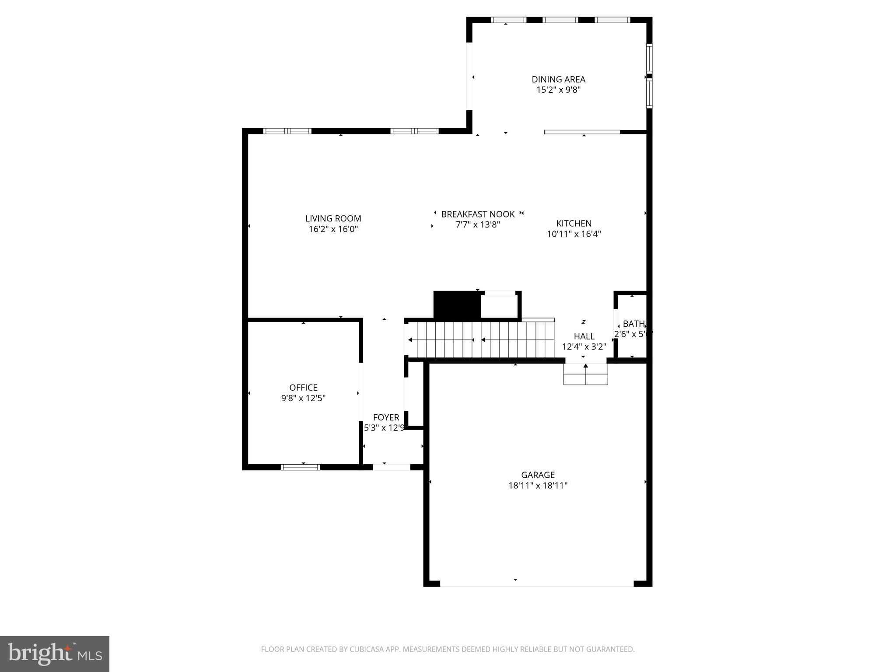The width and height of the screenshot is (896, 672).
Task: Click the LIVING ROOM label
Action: (333, 218)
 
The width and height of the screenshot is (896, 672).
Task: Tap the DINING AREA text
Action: (558, 79)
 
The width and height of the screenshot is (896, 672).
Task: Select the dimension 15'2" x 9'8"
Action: (558, 90)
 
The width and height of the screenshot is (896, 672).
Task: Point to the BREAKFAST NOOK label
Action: (478, 214)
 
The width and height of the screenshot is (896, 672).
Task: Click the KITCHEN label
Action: (574, 223)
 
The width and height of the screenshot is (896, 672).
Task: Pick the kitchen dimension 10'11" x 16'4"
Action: (574, 234)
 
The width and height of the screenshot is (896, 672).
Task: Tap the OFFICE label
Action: (303, 388)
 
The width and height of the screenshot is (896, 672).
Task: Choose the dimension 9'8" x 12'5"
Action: (303, 398)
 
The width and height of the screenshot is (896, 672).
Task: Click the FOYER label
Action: (386, 417)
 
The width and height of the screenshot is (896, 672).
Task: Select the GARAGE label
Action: (538, 475)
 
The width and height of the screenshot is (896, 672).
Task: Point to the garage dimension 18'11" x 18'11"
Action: (538, 486)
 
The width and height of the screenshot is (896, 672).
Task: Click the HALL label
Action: (584, 336)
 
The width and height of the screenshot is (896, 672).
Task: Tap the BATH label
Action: (633, 324)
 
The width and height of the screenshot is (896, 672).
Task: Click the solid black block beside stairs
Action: (457, 304)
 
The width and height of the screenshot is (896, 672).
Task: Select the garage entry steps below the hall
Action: (585, 374)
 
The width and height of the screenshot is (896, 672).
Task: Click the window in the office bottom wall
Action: (300, 467)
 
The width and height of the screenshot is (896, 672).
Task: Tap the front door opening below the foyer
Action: (392, 467)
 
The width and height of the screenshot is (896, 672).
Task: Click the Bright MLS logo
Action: (55, 654)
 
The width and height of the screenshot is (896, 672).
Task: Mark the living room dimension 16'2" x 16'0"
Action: (333, 229)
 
